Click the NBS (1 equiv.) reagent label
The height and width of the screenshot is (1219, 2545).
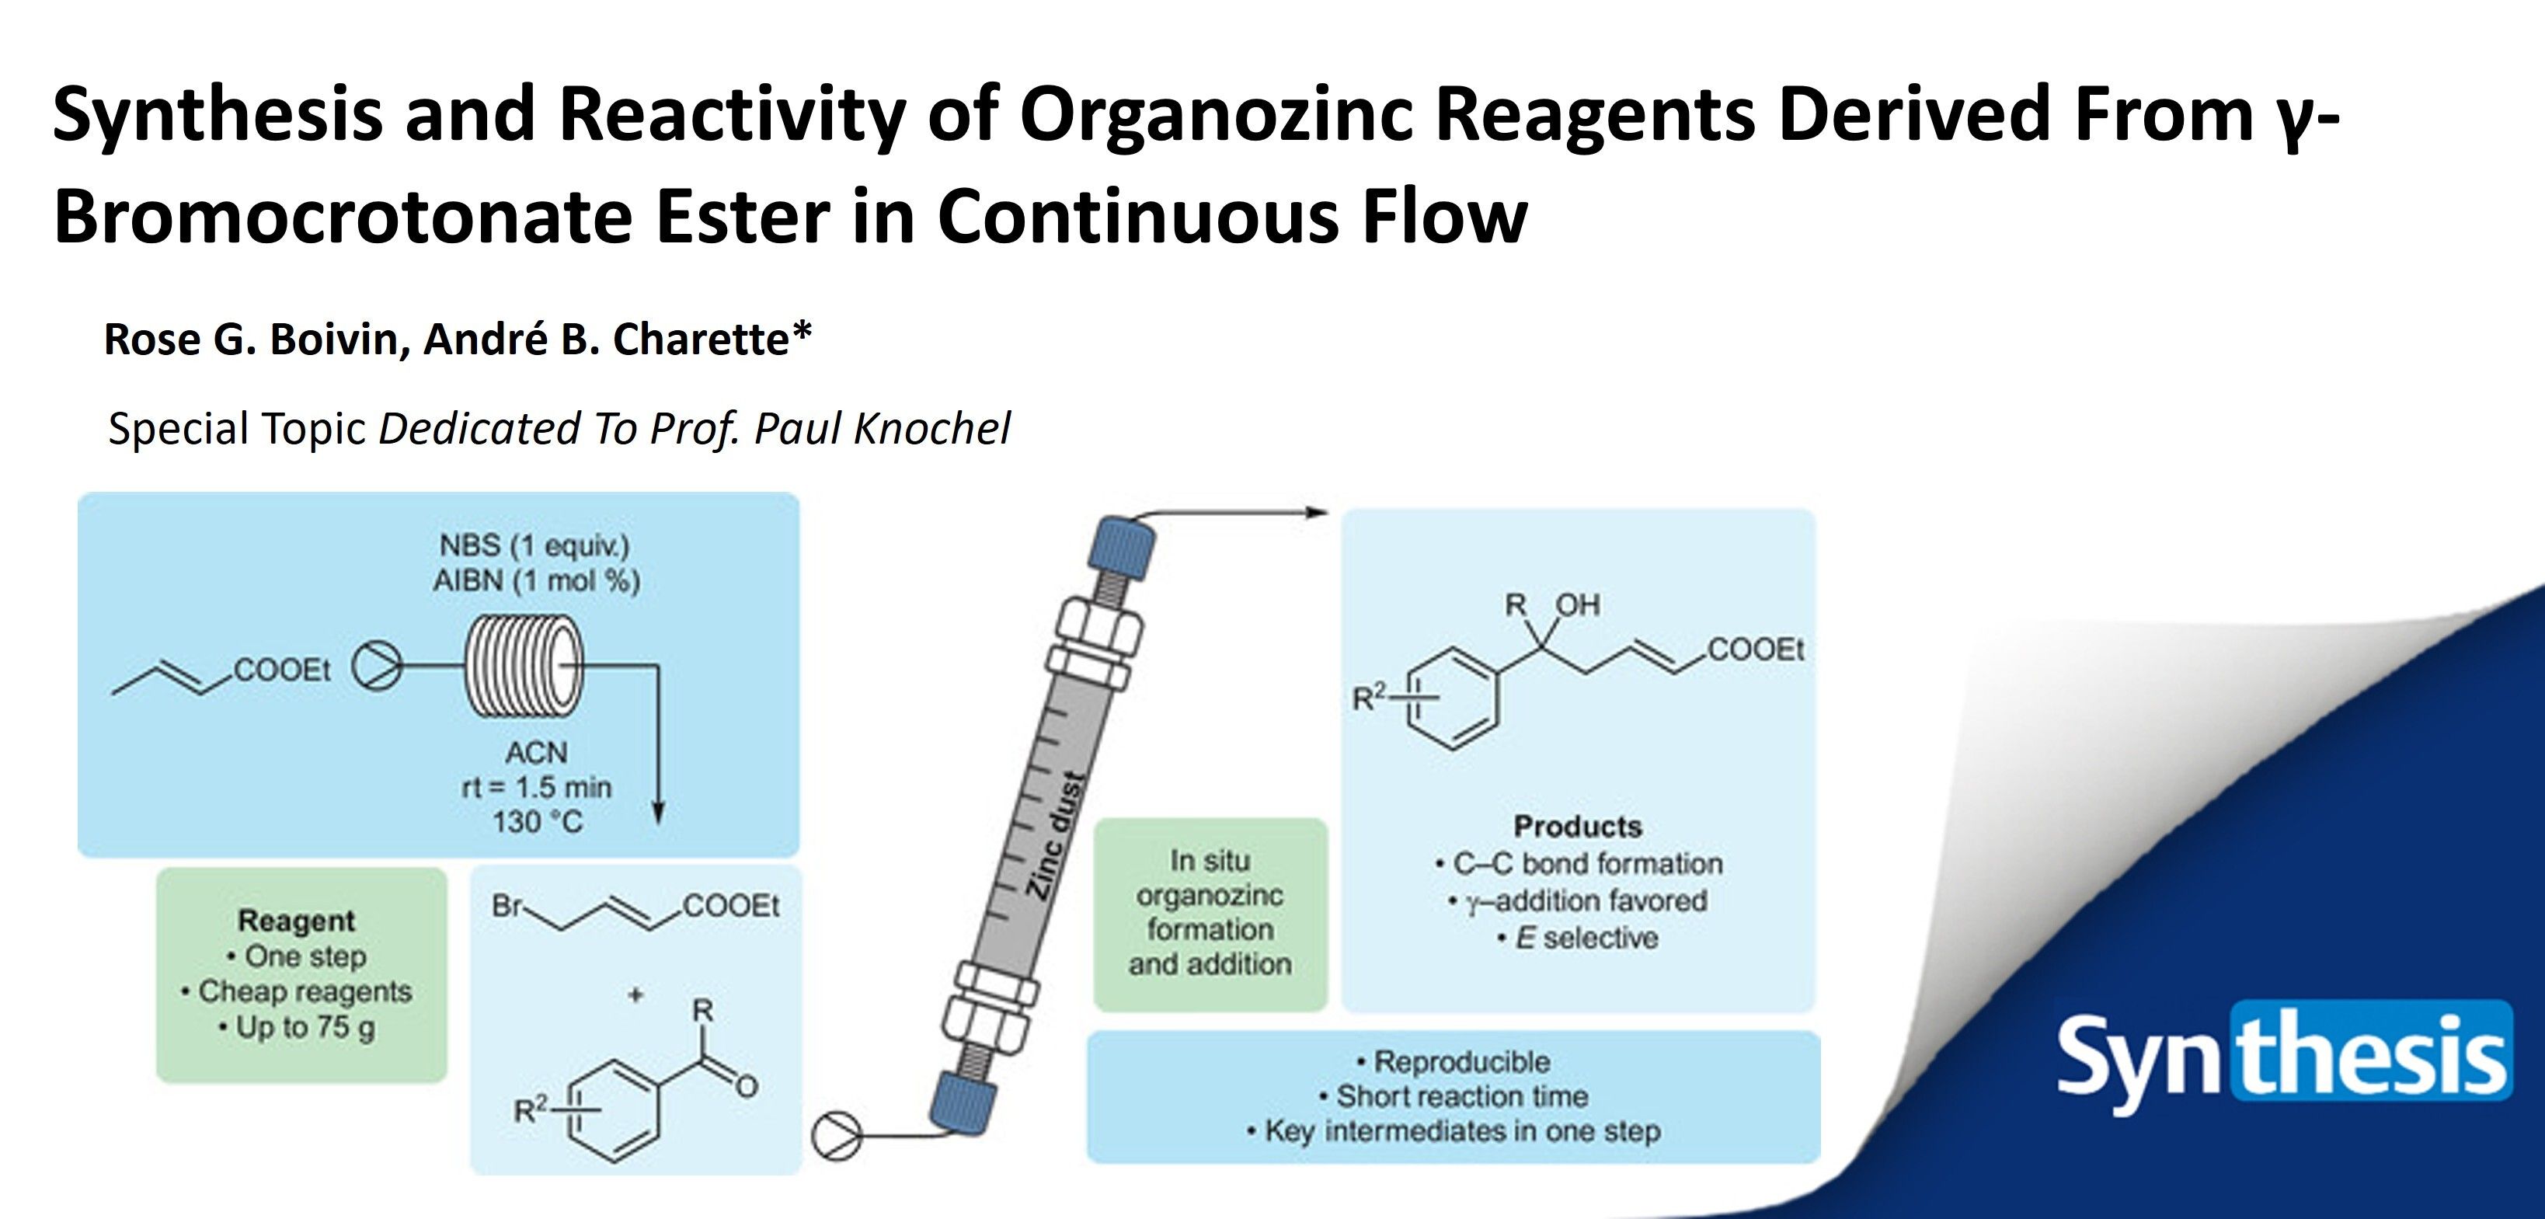tap(534, 545)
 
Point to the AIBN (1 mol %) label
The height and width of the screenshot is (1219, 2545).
tap(537, 580)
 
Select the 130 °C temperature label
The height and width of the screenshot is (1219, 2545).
tap(537, 822)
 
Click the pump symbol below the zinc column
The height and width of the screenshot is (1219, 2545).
tap(836, 1136)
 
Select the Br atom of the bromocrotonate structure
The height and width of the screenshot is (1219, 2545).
tap(506, 906)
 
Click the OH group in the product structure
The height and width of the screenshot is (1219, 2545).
tap(1577, 604)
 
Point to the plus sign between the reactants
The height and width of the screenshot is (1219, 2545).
tap(635, 994)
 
